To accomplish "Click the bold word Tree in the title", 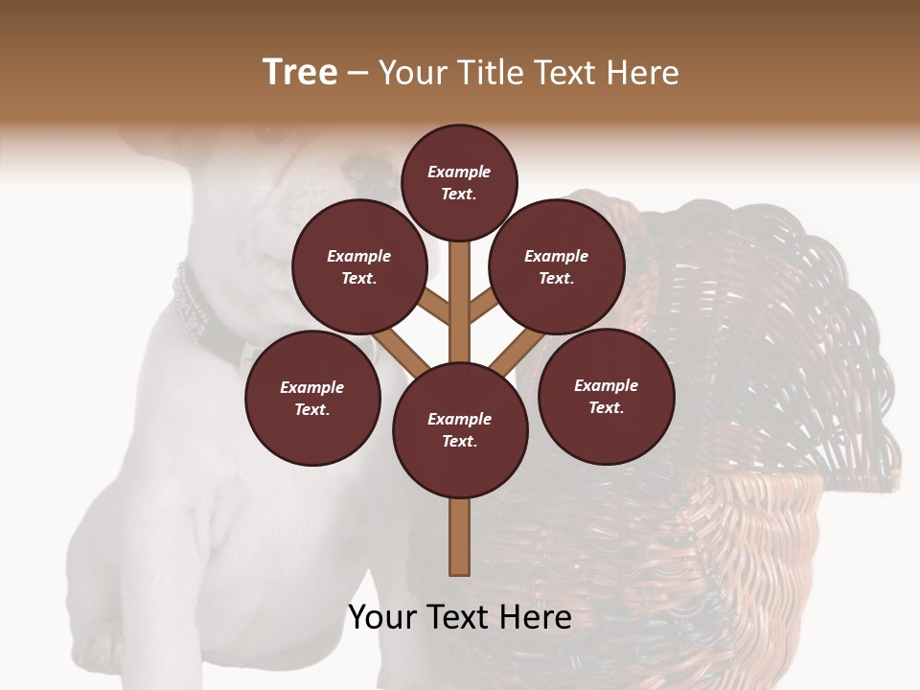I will pyautogui.click(x=300, y=73).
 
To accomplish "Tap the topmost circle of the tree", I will pyautogui.click(x=459, y=182).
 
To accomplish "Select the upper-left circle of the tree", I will pyautogui.click(x=359, y=266).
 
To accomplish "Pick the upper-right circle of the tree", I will pyautogui.click(x=557, y=266).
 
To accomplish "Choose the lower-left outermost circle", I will pyautogui.click(x=312, y=398).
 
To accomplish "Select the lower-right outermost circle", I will pyautogui.click(x=606, y=396).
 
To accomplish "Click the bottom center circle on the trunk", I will pyautogui.click(x=460, y=429).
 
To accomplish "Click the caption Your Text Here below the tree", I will pyautogui.click(x=460, y=617).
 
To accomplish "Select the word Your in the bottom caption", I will pyautogui.click(x=383, y=617).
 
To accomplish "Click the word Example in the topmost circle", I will pyautogui.click(x=459, y=172).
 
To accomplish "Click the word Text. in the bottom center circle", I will pyautogui.click(x=460, y=441).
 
